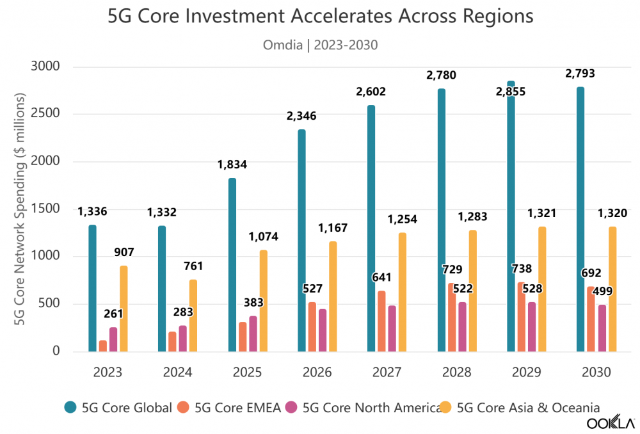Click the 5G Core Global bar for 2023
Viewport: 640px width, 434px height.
[93, 288]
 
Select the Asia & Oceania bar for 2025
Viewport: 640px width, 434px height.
[263, 301]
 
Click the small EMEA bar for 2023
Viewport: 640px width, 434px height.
[103, 346]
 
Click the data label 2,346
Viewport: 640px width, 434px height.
[301, 116]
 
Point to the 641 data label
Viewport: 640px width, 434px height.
[381, 278]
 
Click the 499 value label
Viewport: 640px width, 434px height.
[602, 291]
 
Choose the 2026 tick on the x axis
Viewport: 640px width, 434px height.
[317, 372]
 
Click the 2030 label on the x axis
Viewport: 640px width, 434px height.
[596, 372]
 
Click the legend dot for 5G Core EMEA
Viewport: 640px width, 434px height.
[182, 406]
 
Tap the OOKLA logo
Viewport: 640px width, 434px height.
[611, 423]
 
